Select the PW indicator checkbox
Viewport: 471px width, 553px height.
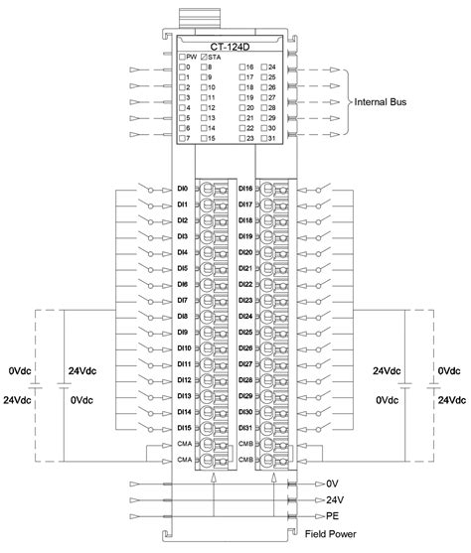[182, 57]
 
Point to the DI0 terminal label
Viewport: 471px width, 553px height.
[182, 188]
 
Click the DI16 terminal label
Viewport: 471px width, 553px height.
[246, 188]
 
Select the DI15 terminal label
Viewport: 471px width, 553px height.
[183, 428]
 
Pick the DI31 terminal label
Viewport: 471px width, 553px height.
[246, 428]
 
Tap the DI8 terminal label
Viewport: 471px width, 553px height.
[182, 316]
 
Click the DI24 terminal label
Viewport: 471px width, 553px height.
[246, 316]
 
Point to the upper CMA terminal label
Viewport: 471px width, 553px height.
[183, 444]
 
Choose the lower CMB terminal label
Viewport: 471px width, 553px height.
[245, 460]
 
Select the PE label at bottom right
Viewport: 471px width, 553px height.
[333, 516]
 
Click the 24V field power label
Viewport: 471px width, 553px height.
[335, 499]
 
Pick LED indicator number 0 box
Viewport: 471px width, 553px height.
[182, 67]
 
